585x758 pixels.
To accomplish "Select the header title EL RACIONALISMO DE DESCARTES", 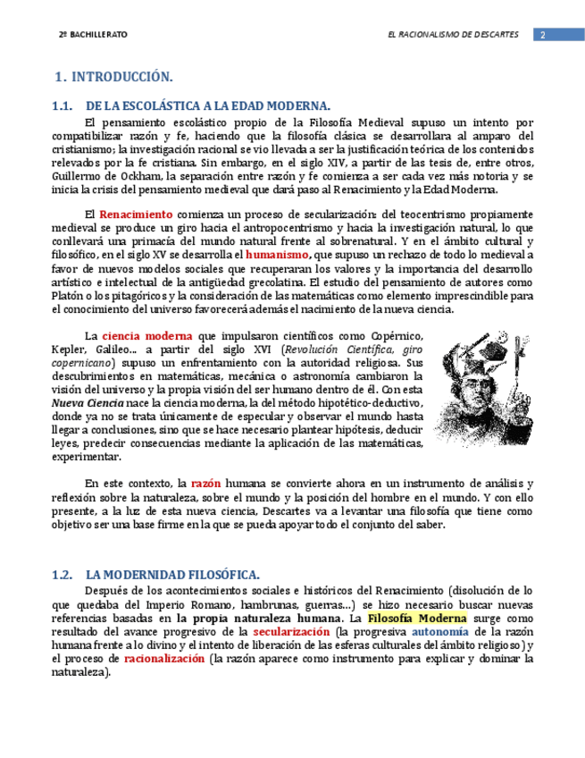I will pos(453,34).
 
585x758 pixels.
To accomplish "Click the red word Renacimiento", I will pos(136,215).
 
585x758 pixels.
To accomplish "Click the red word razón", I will pos(205,484).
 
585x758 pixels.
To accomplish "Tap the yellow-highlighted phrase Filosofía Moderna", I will pos(417,619).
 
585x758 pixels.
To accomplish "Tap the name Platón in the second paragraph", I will pos(71,296).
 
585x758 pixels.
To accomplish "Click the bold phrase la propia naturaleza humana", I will pos(258,619).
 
